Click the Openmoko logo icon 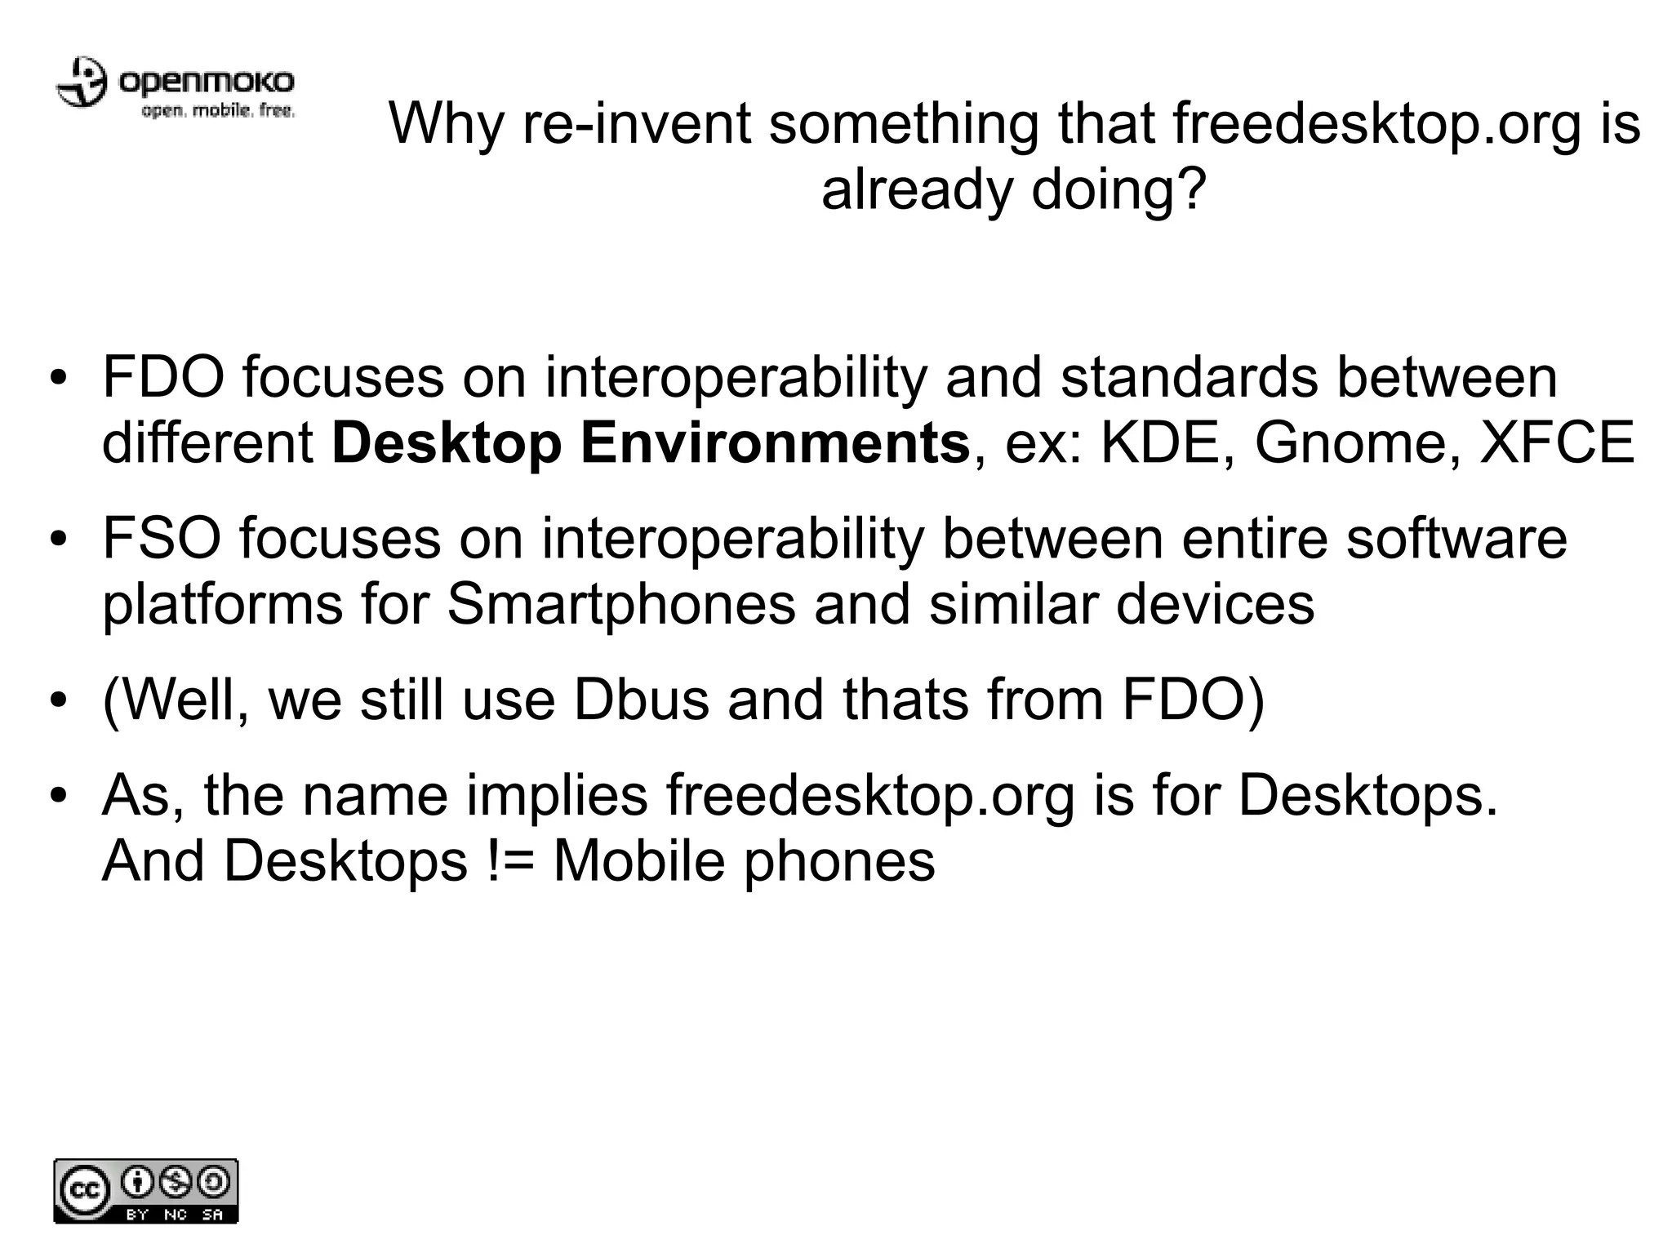pyautogui.click(x=81, y=82)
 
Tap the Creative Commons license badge pyautogui.click(x=146, y=1191)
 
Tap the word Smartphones pyautogui.click(x=620, y=604)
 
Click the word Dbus pyautogui.click(x=641, y=700)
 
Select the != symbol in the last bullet pyautogui.click(x=509, y=860)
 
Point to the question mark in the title pyautogui.click(x=1188, y=189)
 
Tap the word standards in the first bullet pyautogui.click(x=1189, y=377)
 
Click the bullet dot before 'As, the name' pyautogui.click(x=56, y=796)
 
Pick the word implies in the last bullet pyautogui.click(x=557, y=796)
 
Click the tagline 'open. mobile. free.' pyautogui.click(x=218, y=111)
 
